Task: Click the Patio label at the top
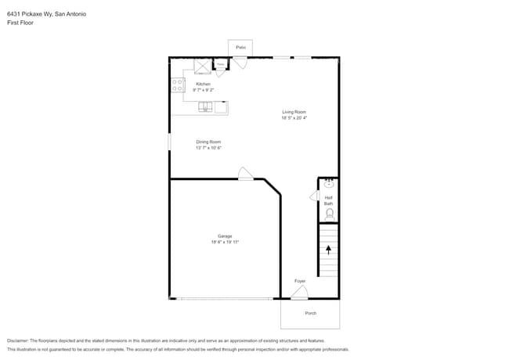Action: [240, 48]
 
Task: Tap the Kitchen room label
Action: [203, 84]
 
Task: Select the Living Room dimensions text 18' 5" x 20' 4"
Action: [294, 118]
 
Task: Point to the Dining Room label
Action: [208, 142]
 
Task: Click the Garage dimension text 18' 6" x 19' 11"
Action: [224, 242]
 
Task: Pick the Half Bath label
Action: [329, 200]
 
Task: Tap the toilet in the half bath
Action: [329, 213]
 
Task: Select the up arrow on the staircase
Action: [328, 250]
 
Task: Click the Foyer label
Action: [300, 281]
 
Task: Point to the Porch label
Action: [311, 313]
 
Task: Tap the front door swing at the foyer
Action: [299, 293]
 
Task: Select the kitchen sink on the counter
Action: [206, 107]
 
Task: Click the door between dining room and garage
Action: [246, 174]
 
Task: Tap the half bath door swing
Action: [314, 196]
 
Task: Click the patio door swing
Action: [241, 63]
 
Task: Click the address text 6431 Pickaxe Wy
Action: [30, 14]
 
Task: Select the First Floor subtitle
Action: [20, 23]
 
